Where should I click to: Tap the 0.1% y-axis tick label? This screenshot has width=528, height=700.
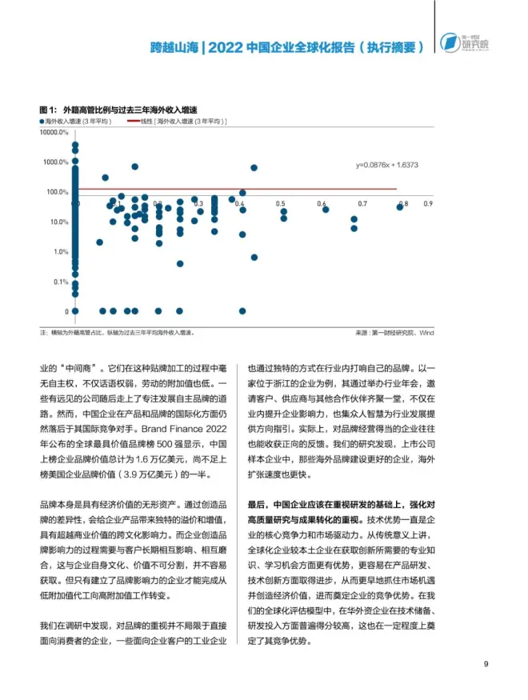61,282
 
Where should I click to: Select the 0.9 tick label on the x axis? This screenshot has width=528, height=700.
428,205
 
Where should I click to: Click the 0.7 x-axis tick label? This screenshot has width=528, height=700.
362,205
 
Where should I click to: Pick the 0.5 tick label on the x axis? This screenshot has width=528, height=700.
282,205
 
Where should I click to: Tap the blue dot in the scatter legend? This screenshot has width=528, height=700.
41,121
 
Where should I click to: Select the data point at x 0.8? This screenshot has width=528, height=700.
400,207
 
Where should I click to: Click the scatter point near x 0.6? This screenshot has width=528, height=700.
325,210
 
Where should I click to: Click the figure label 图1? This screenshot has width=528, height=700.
46,110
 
